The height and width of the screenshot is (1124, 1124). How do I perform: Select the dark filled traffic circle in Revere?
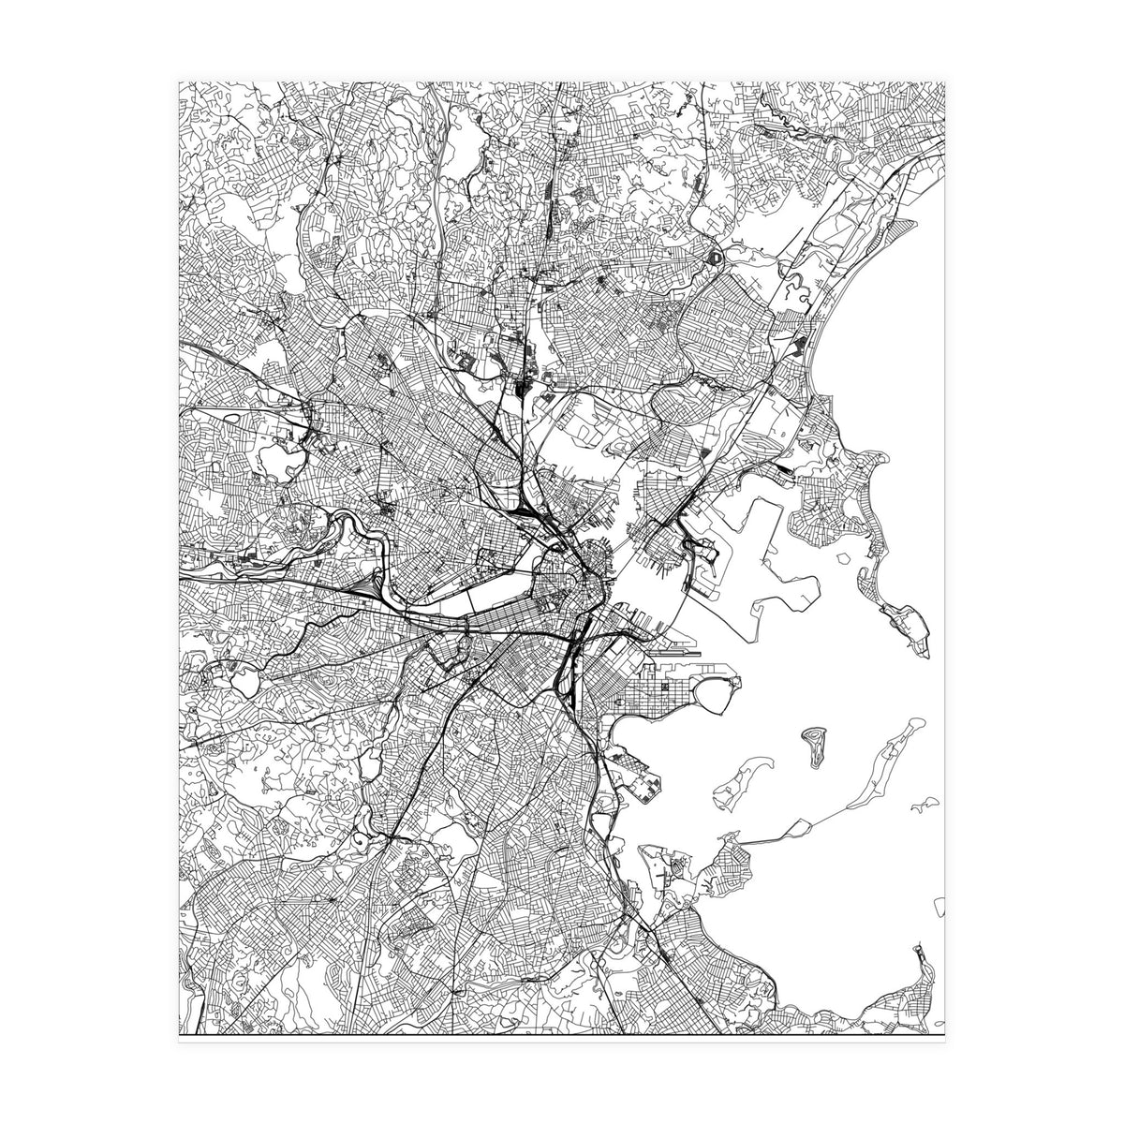[716, 255]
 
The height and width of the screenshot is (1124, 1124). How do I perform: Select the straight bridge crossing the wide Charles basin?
[468, 596]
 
